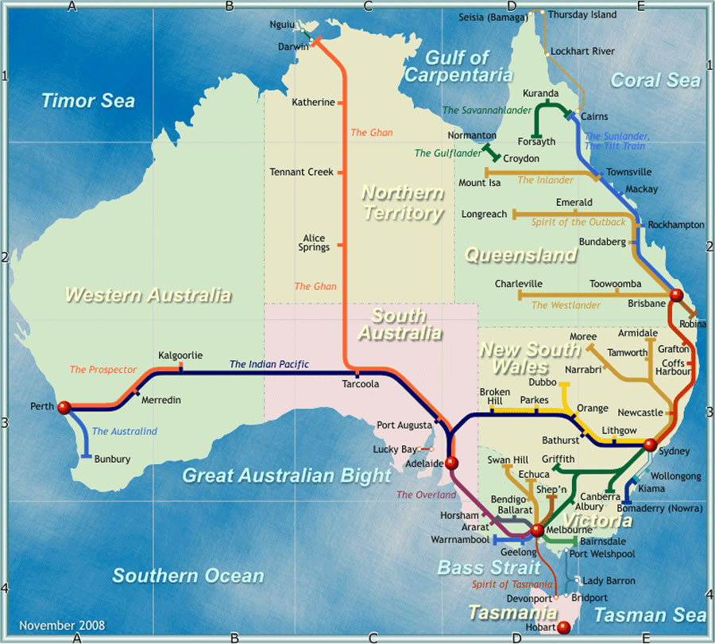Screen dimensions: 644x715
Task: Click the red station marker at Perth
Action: (64, 407)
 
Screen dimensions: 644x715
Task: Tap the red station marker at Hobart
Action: (564, 628)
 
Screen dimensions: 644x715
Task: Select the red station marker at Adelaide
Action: (452, 463)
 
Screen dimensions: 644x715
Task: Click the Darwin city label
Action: (293, 46)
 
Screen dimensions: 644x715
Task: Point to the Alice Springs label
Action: (314, 242)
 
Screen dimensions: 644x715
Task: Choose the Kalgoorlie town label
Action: (180, 355)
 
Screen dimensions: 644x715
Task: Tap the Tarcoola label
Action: (360, 383)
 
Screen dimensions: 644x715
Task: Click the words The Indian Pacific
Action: (269, 365)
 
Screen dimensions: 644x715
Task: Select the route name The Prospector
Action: (103, 370)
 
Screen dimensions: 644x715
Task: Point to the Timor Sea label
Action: (88, 101)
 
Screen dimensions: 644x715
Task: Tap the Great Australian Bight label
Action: (287, 475)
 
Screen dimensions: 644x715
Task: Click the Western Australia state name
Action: (149, 295)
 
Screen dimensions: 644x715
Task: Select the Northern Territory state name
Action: (403, 203)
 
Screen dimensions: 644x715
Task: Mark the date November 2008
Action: (62, 626)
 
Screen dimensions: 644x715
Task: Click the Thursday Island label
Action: (582, 14)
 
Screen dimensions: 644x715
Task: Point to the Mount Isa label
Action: (480, 183)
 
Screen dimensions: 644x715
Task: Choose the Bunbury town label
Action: (112, 459)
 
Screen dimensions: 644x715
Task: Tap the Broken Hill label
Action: (495, 397)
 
